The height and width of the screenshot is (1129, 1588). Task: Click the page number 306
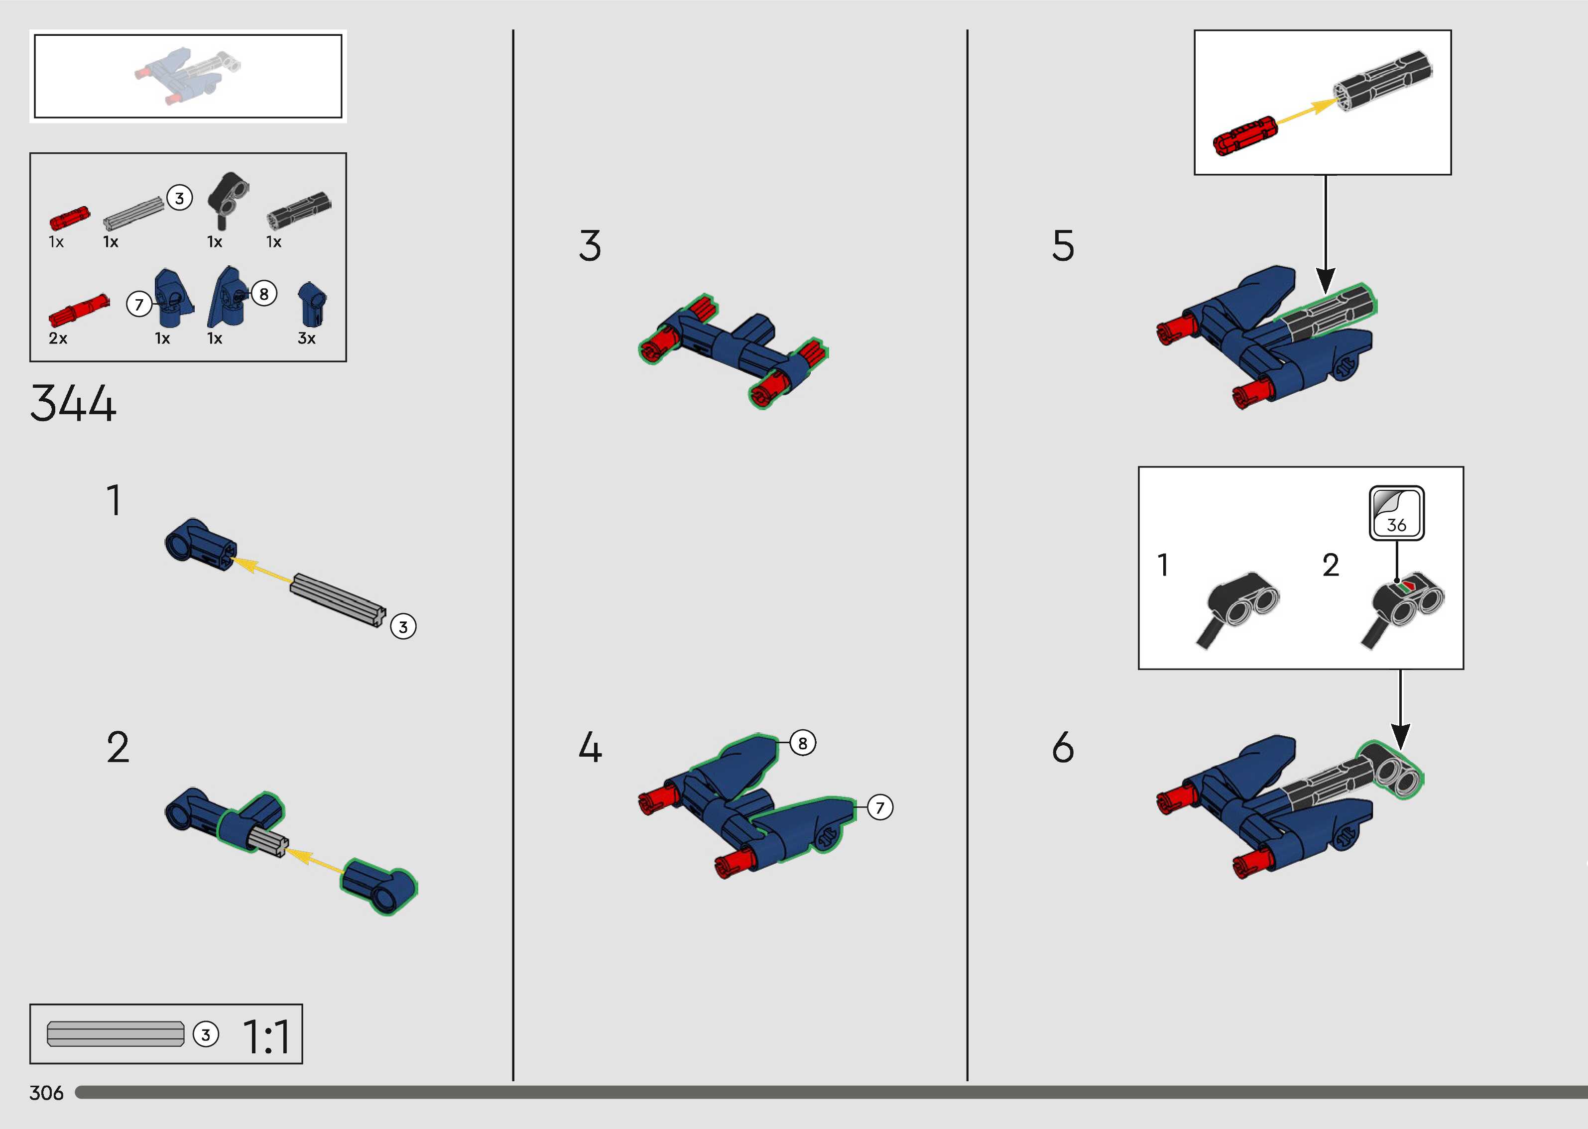pyautogui.click(x=46, y=1093)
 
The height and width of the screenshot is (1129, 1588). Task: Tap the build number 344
pyautogui.click(x=73, y=403)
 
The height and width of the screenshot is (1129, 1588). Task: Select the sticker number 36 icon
pyautogui.click(x=1397, y=513)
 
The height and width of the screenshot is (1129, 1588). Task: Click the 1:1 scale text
pyautogui.click(x=267, y=1037)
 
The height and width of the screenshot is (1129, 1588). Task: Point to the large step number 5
pyautogui.click(x=1063, y=245)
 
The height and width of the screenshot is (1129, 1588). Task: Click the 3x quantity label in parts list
pyautogui.click(x=307, y=339)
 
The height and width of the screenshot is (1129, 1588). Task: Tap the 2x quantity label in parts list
pyautogui.click(x=58, y=339)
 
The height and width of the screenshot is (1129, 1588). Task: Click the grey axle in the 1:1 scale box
pyautogui.click(x=116, y=1034)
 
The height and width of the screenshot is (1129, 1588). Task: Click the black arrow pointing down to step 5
pyautogui.click(x=1326, y=234)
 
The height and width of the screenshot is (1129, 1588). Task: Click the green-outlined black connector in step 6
pyautogui.click(x=1390, y=770)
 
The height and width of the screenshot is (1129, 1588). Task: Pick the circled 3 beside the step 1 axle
pyautogui.click(x=403, y=627)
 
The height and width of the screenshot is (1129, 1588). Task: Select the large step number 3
pyautogui.click(x=590, y=245)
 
